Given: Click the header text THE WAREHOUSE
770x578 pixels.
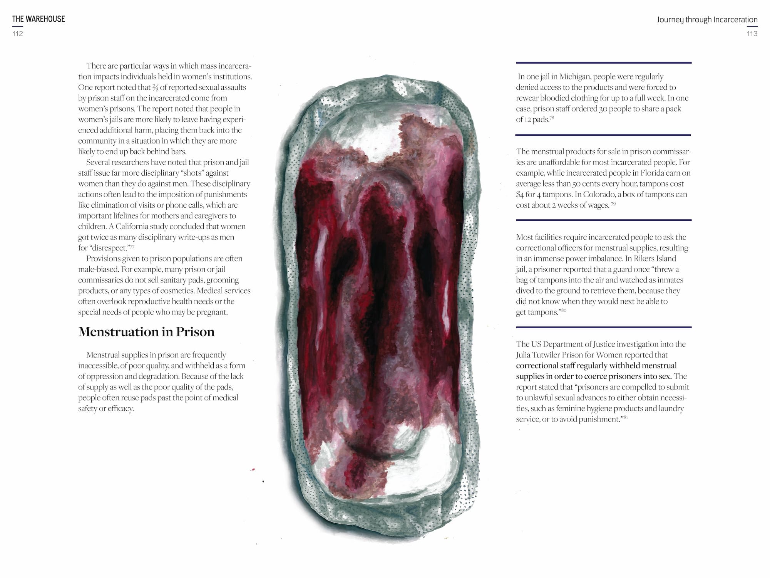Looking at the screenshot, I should click(x=38, y=19).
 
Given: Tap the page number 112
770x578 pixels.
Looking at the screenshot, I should click(x=18, y=34).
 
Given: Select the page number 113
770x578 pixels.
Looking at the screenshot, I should click(x=752, y=34).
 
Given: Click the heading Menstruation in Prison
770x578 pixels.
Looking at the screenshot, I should click(x=146, y=332).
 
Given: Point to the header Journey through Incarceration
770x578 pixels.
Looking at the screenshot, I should click(x=707, y=19).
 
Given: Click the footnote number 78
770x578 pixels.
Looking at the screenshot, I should click(x=552, y=118).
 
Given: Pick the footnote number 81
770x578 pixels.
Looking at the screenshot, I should click(x=625, y=417).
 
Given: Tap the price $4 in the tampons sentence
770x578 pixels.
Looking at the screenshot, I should click(x=521, y=195).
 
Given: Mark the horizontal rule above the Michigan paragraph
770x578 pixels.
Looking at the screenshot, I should click(x=603, y=62).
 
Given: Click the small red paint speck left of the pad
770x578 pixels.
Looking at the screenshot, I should click(x=253, y=469).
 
